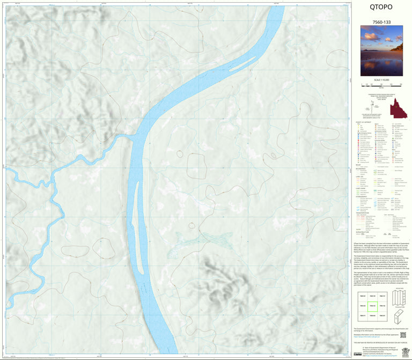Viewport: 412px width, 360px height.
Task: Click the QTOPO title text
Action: click(381, 8)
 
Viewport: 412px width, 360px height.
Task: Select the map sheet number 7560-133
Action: click(381, 21)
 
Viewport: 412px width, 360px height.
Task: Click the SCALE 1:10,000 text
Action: click(381, 79)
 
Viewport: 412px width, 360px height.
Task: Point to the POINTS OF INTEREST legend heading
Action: click(362, 122)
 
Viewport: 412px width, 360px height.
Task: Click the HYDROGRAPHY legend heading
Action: click(363, 196)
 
